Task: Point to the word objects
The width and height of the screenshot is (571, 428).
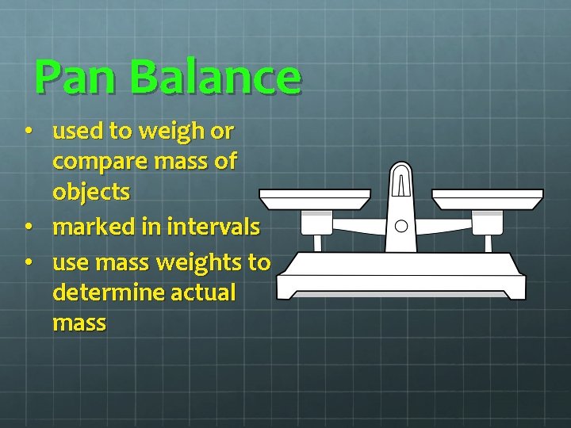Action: (x=91, y=193)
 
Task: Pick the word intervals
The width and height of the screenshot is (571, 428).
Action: (x=213, y=227)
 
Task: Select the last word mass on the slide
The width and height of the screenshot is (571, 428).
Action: (x=79, y=323)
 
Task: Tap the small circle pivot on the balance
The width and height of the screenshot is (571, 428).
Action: (x=401, y=226)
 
